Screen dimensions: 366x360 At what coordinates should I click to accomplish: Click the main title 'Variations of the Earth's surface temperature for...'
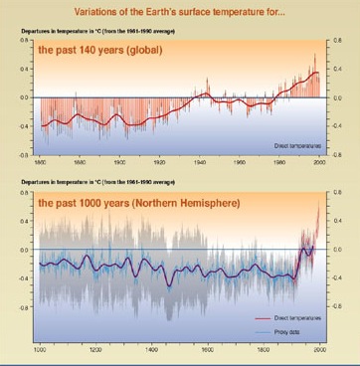(x=179, y=14)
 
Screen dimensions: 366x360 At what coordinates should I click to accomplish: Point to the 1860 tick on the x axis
(x=41, y=161)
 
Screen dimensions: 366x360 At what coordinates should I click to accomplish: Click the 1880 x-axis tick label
(x=81, y=161)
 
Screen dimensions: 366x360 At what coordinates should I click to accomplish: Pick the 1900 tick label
(x=120, y=161)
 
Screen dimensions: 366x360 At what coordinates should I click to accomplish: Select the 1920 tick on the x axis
(x=160, y=161)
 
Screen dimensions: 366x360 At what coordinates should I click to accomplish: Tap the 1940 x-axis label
(x=200, y=161)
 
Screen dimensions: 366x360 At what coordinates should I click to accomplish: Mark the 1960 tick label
(x=240, y=161)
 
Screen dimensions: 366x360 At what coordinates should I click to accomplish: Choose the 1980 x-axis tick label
(x=279, y=161)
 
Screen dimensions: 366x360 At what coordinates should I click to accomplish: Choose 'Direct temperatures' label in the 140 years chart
(x=295, y=145)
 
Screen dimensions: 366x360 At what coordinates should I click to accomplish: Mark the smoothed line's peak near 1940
(x=204, y=93)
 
